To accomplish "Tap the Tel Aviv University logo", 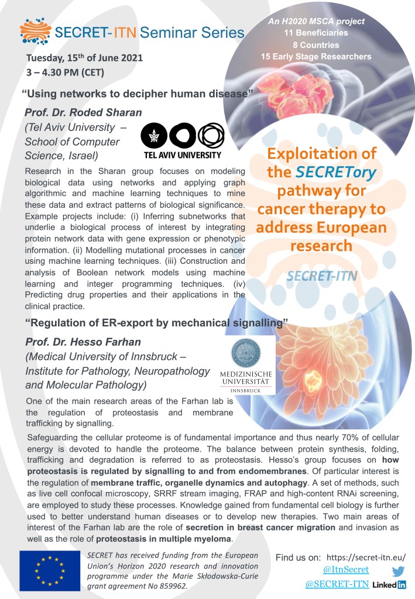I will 183,140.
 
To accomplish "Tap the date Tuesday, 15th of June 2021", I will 84,58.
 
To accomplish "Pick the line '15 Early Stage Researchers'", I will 316,56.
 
